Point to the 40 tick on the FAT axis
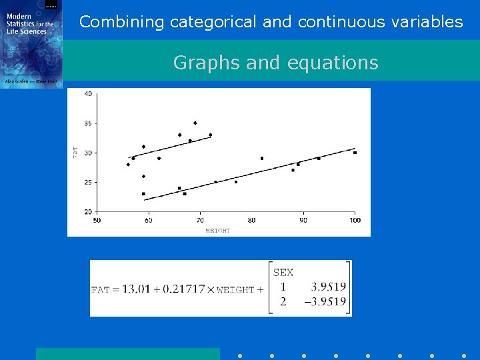88,94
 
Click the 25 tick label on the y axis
88,182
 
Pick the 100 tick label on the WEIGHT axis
355,220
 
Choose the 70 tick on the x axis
200,220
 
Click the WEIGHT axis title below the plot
218,231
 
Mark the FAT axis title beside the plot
75,152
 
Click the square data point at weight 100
355,153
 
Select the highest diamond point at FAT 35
195,123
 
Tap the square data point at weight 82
262,159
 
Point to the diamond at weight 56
128,165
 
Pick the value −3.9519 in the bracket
325,302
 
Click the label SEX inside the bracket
283,272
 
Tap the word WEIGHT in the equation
235,290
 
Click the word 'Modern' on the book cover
18,17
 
